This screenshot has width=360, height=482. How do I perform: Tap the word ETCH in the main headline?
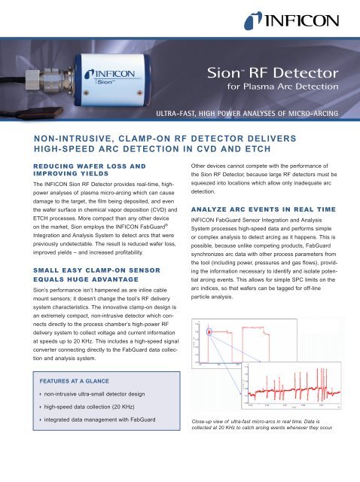285,153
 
